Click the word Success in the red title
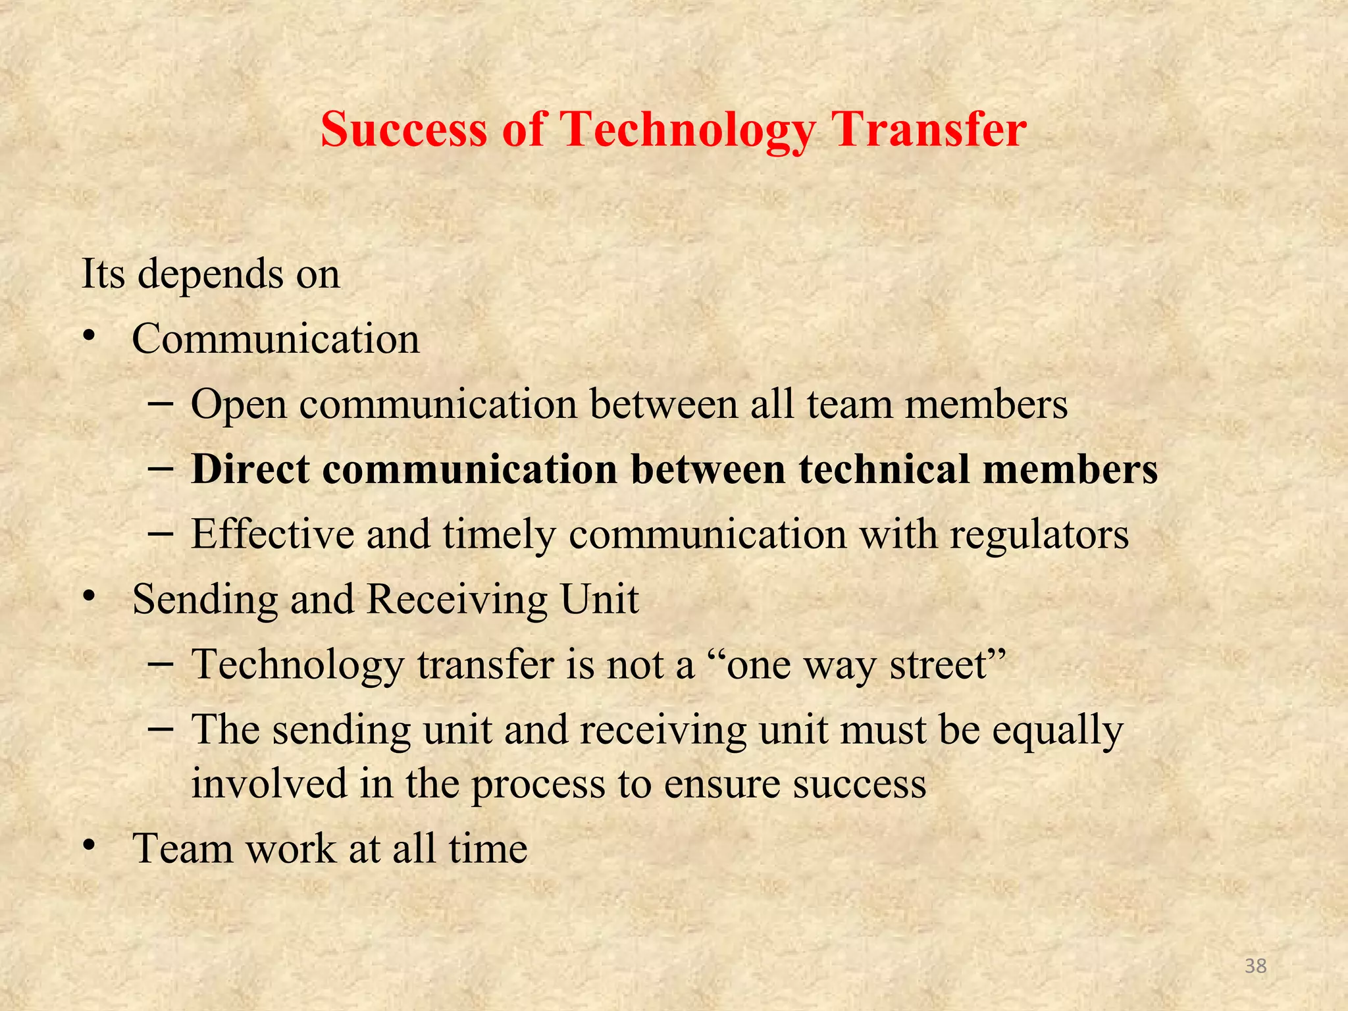click(404, 129)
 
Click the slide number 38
click(1256, 966)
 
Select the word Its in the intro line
click(103, 273)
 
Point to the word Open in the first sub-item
click(239, 405)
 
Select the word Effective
click(272, 534)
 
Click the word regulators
click(1039, 534)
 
